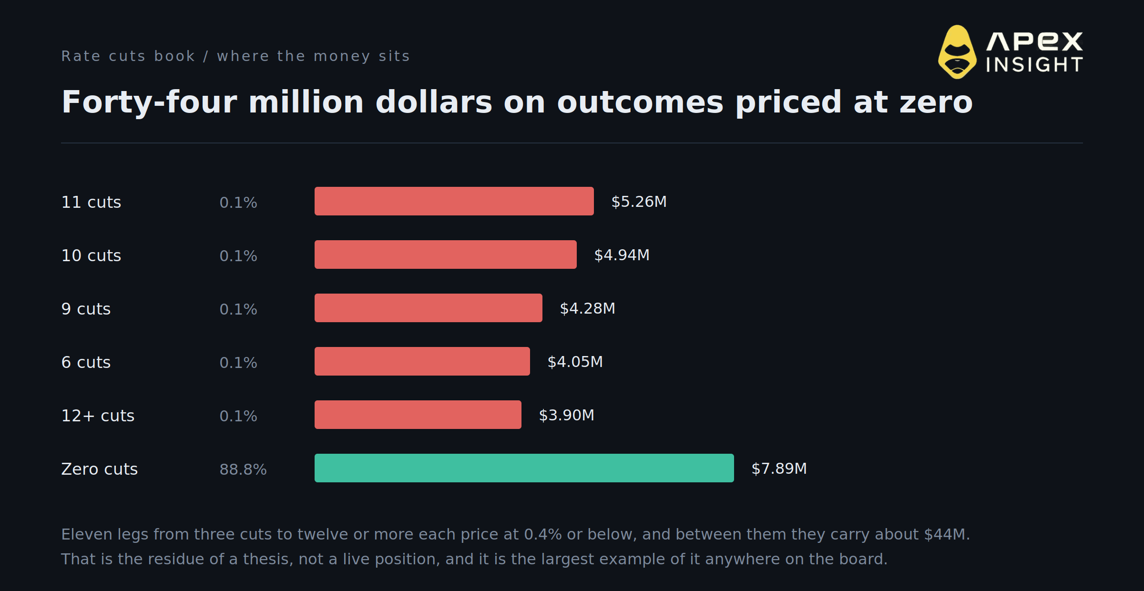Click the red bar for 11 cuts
click(x=454, y=201)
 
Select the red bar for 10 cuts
click(x=446, y=255)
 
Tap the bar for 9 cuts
click(x=429, y=308)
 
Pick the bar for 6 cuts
click(x=422, y=361)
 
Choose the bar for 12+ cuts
click(x=418, y=415)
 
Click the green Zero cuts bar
click(x=524, y=468)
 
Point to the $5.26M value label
click(x=639, y=202)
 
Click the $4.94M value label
click(x=622, y=255)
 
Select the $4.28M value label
click(x=588, y=308)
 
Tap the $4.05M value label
click(x=575, y=362)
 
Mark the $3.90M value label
click(x=567, y=415)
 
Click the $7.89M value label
click(x=779, y=469)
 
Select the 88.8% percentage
click(x=243, y=469)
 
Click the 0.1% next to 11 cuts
click(x=238, y=203)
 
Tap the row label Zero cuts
click(x=100, y=469)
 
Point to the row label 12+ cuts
click(x=98, y=416)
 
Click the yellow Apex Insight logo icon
click(x=957, y=52)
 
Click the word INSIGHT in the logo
click(x=1034, y=65)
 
